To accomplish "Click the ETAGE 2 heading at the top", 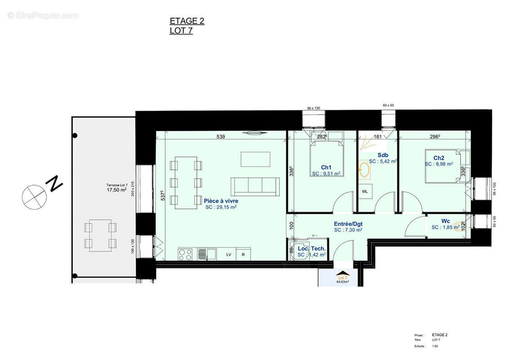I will click(187, 21).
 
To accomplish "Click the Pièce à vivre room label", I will click(221, 201).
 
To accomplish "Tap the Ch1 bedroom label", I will click(326, 167).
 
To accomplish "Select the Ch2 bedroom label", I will click(439, 158).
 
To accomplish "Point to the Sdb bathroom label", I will click(384, 155).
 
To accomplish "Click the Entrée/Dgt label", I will click(348, 224).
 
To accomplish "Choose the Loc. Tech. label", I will click(312, 248).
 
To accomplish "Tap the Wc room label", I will click(446, 221).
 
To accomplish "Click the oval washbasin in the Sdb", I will click(365, 171).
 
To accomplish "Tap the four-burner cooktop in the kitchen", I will click(185, 254).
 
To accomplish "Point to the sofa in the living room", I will click(255, 186).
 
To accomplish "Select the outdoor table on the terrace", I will click(100, 235).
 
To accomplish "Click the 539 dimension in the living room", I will click(220, 136).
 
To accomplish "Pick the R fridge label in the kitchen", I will click(243, 255).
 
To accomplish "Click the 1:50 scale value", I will click(435, 346).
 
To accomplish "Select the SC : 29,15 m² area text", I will click(221, 207).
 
